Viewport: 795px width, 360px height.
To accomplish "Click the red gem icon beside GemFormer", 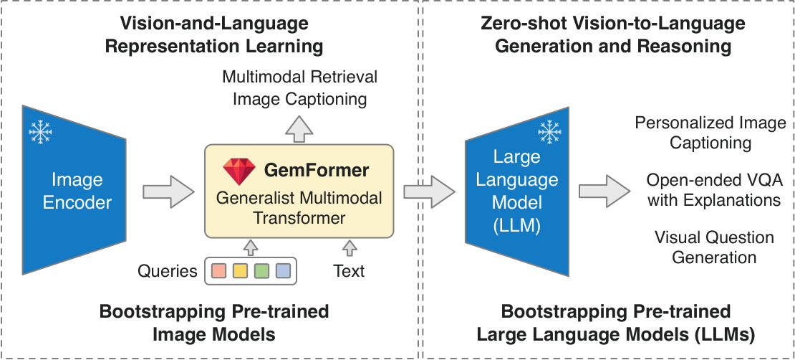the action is pyautogui.click(x=239, y=171).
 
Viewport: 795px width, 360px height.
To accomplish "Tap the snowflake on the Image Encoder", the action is pyautogui.click(x=41, y=131).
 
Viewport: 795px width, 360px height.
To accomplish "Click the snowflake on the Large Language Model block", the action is pyautogui.click(x=549, y=132).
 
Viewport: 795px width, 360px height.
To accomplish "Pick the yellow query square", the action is pyautogui.click(x=240, y=271).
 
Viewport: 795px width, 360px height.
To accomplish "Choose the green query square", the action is pyautogui.click(x=261, y=271).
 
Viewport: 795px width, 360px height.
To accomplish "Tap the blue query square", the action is pyautogui.click(x=283, y=271).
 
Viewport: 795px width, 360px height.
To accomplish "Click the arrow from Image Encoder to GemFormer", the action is pyautogui.click(x=169, y=191).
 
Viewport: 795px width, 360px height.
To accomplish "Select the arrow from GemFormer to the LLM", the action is pyautogui.click(x=430, y=191).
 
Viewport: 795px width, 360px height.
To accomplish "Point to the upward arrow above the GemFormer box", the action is pyautogui.click(x=299, y=128).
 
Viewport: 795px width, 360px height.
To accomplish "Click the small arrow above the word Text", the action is pyautogui.click(x=350, y=248).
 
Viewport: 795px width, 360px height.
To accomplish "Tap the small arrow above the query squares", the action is pyautogui.click(x=251, y=248).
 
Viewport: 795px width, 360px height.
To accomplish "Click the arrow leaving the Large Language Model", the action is pyautogui.click(x=605, y=191).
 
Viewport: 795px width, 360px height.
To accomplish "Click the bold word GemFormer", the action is pyautogui.click(x=317, y=171).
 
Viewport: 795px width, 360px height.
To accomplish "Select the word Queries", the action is pyautogui.click(x=168, y=272).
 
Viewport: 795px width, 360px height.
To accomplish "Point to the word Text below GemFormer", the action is pyautogui.click(x=349, y=271).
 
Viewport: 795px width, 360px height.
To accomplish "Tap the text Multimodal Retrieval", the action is pyautogui.click(x=300, y=77).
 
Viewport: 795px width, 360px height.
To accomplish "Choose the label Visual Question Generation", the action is pyautogui.click(x=714, y=247).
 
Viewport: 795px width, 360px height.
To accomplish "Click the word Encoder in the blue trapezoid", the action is pyautogui.click(x=77, y=203).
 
